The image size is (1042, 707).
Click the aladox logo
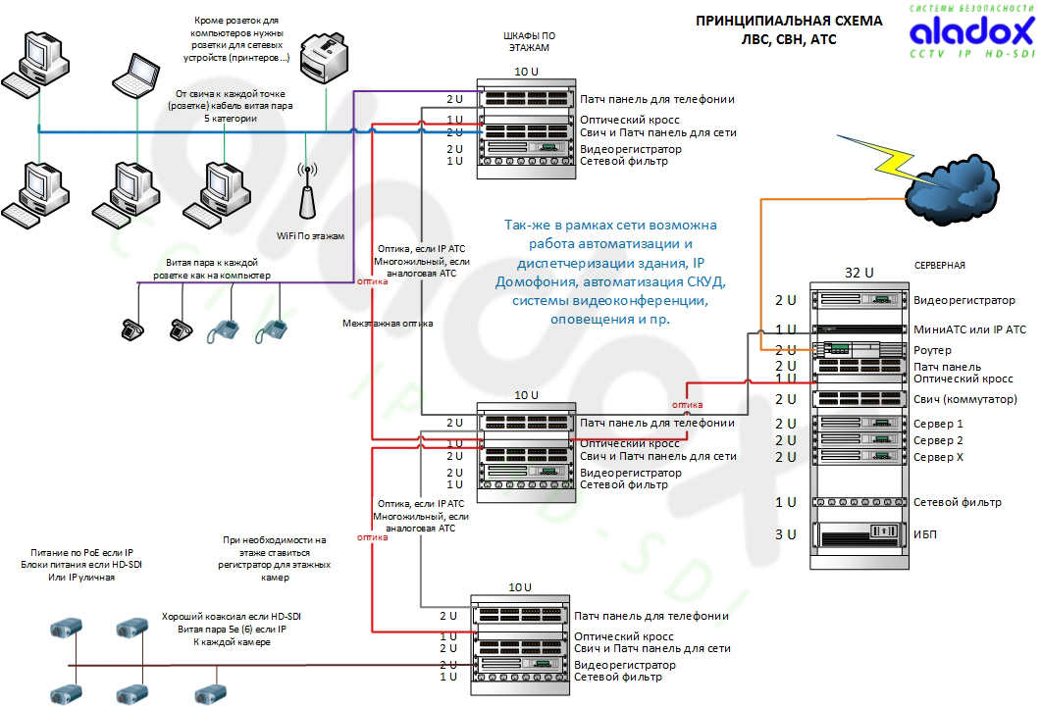[971, 31]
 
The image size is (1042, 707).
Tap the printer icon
[325, 58]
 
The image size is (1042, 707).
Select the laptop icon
[135, 76]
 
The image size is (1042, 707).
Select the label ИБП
[925, 534]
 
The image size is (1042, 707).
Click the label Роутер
[932, 350]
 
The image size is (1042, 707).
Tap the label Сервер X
[938, 457]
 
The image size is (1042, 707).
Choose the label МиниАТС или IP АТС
[969, 329]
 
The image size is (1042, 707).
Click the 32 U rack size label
[860, 273]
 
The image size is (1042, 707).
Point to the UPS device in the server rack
[860, 533]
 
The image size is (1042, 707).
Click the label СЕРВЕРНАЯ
[940, 266]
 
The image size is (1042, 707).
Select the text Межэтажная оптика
[388, 324]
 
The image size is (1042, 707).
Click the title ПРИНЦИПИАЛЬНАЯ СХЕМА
[789, 22]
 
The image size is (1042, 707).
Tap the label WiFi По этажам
[310, 236]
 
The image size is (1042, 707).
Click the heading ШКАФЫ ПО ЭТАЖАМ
[529, 42]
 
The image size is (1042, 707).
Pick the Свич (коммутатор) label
[964, 399]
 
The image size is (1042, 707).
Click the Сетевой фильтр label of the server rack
[957, 502]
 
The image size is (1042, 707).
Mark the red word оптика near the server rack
[687, 404]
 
